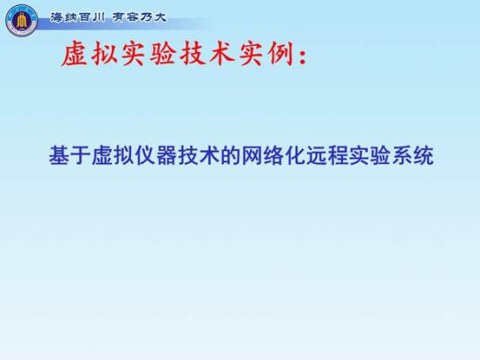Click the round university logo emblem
click(x=22, y=21)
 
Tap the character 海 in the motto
click(x=56, y=17)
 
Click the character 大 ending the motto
click(x=160, y=17)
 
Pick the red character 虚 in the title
click(x=74, y=55)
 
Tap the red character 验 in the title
click(x=163, y=55)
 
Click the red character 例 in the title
click(x=280, y=55)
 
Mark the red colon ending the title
click(x=303, y=57)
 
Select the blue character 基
click(x=59, y=155)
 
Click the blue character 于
click(x=81, y=155)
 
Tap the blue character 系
click(x=402, y=155)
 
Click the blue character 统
click(x=424, y=155)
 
